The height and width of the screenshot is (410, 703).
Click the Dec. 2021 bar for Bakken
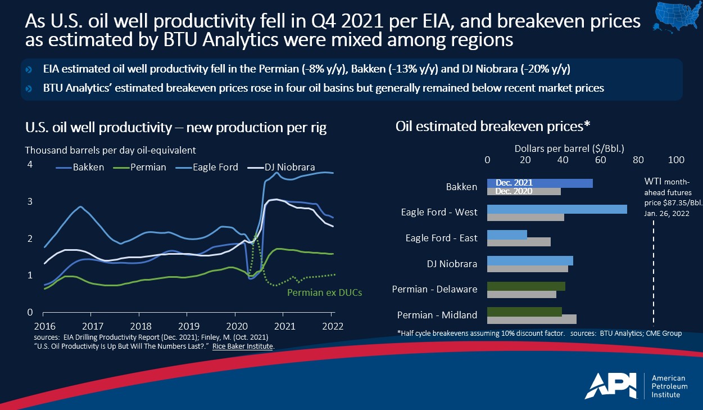(539, 183)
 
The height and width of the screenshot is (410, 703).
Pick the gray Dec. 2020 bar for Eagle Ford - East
(519, 242)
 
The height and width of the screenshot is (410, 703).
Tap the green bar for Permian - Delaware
(526, 286)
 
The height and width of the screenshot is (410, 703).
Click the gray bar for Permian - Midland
(532, 319)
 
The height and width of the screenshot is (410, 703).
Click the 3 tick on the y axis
(30, 201)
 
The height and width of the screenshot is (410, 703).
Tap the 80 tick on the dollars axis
(638, 160)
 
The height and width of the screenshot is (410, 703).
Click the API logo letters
(612, 386)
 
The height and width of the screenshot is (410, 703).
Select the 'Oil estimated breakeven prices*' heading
(492, 126)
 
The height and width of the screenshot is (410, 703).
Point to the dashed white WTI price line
(654, 270)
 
